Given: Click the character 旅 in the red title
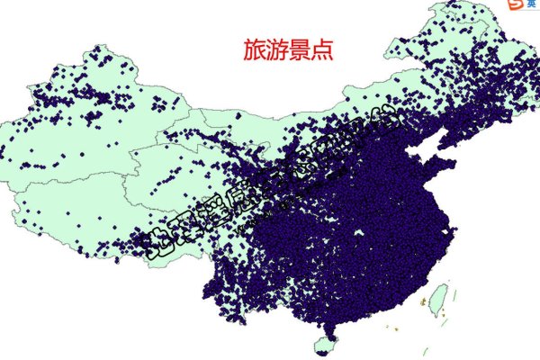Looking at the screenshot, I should (x=254, y=49).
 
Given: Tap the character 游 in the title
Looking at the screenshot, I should (x=277, y=49).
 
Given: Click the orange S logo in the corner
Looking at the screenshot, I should (x=515, y=5).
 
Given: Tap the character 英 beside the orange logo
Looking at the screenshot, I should (x=531, y=5).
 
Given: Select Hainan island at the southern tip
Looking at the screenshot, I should (x=326, y=343).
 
